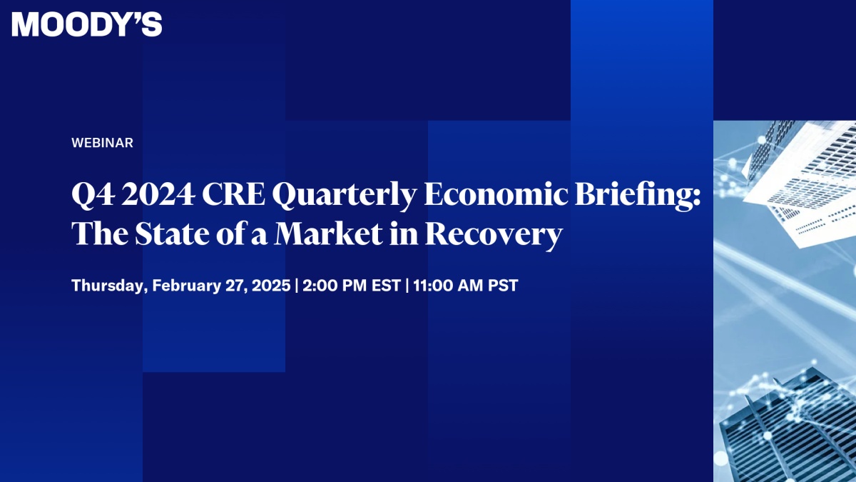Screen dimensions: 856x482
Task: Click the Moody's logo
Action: pos(87,24)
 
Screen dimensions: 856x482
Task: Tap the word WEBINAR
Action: pos(102,143)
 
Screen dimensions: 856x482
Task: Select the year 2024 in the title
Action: pos(158,194)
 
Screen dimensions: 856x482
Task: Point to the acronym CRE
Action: pos(233,194)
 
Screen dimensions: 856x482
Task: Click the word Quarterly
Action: pos(345,196)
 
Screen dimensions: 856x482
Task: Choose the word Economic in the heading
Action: pos(496,194)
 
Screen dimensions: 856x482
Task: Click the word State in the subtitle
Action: pos(172,234)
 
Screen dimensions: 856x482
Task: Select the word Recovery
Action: pos(494,234)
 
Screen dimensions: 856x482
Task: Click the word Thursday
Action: pos(108,286)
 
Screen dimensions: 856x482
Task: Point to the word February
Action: pos(186,286)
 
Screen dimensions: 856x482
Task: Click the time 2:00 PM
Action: pos(335,286)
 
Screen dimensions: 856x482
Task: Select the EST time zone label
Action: pos(386,286)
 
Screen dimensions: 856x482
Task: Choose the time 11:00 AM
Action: pos(448,286)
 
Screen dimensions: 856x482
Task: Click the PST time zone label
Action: pos(503,286)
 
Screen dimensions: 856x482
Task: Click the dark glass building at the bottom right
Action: pos(788,428)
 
